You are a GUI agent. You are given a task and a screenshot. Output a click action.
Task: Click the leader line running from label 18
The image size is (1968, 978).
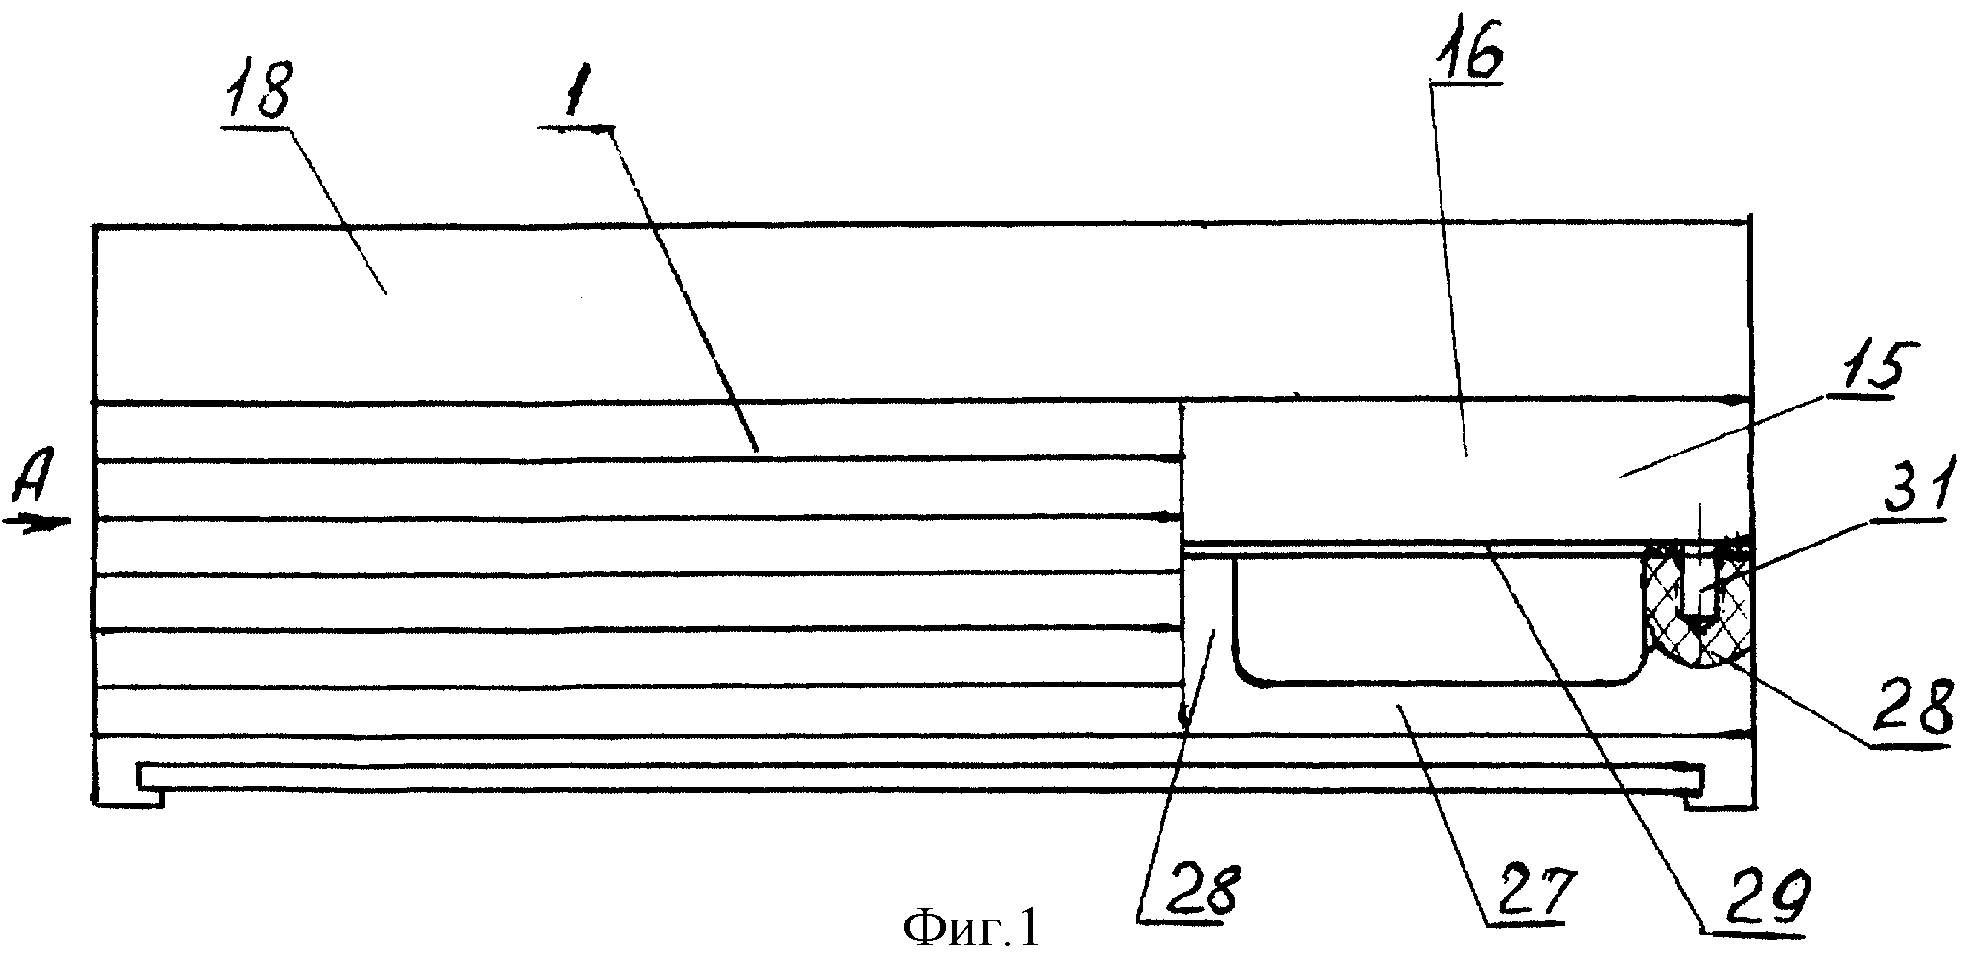336,210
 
